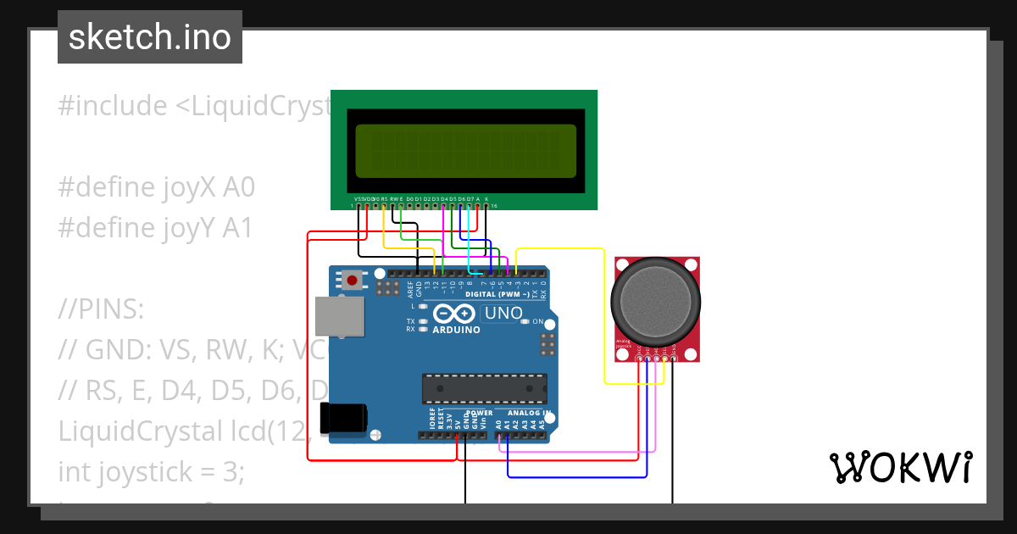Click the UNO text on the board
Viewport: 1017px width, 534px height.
point(502,314)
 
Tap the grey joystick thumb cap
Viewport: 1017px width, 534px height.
point(656,299)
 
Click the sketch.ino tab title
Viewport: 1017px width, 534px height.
point(150,37)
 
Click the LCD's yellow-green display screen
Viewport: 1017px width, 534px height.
point(465,151)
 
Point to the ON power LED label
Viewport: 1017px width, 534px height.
point(537,321)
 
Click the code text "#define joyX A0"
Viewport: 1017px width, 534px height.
point(157,187)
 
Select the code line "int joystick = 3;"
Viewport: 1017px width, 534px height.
point(151,472)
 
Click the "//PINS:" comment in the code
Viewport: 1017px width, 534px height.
point(102,309)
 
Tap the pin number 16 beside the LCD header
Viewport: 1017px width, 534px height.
point(494,206)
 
